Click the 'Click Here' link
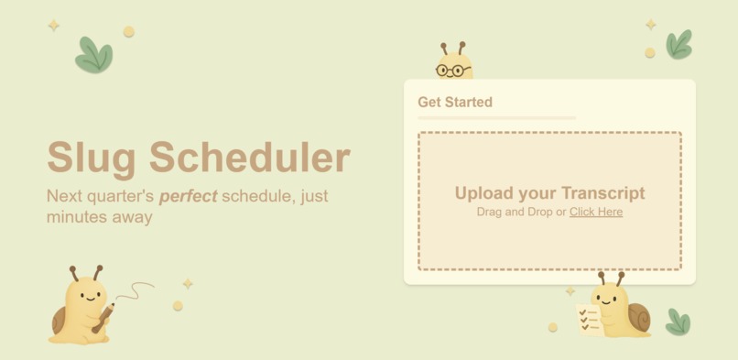click(596, 212)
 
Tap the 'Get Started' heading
click(455, 103)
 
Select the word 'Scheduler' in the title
click(250, 157)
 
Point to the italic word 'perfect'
click(188, 196)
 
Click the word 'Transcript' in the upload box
click(602, 193)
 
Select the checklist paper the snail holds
click(588, 318)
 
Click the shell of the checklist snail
click(637, 317)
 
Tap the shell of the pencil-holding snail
click(59, 320)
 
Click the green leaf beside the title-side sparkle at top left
click(93, 55)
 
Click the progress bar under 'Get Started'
click(496, 118)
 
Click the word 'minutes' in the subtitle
click(75, 218)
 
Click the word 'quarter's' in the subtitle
click(122, 196)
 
